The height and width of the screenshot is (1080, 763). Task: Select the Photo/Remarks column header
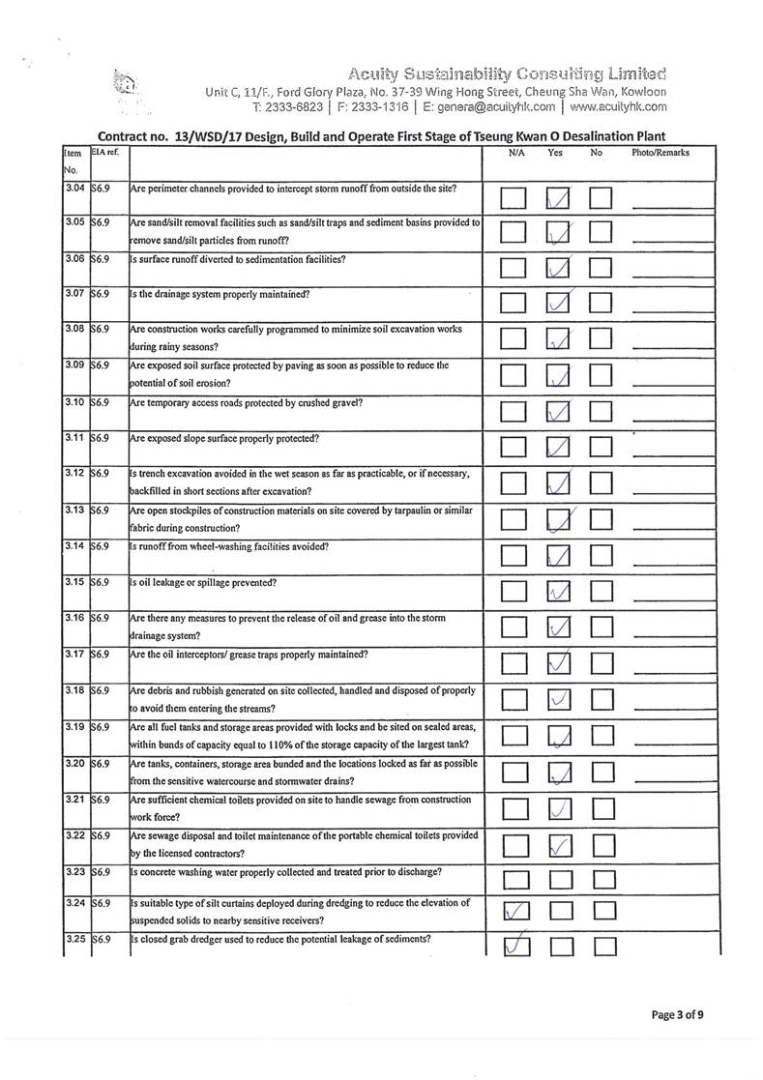[660, 153]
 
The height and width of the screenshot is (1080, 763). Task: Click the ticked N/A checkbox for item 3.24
[515, 910]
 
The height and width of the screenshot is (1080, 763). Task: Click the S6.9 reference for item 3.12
[100, 474]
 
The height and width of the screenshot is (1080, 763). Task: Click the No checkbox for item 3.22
[602, 846]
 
